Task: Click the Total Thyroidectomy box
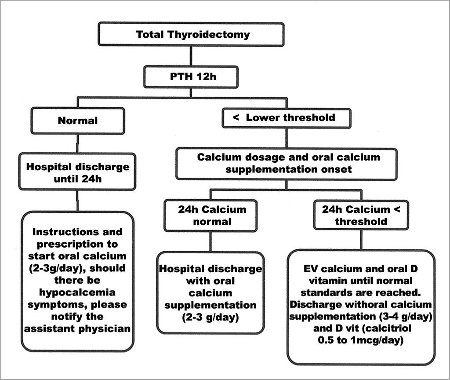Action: click(x=190, y=34)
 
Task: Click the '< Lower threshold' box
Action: click(x=287, y=118)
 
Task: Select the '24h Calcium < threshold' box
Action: click(x=361, y=215)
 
